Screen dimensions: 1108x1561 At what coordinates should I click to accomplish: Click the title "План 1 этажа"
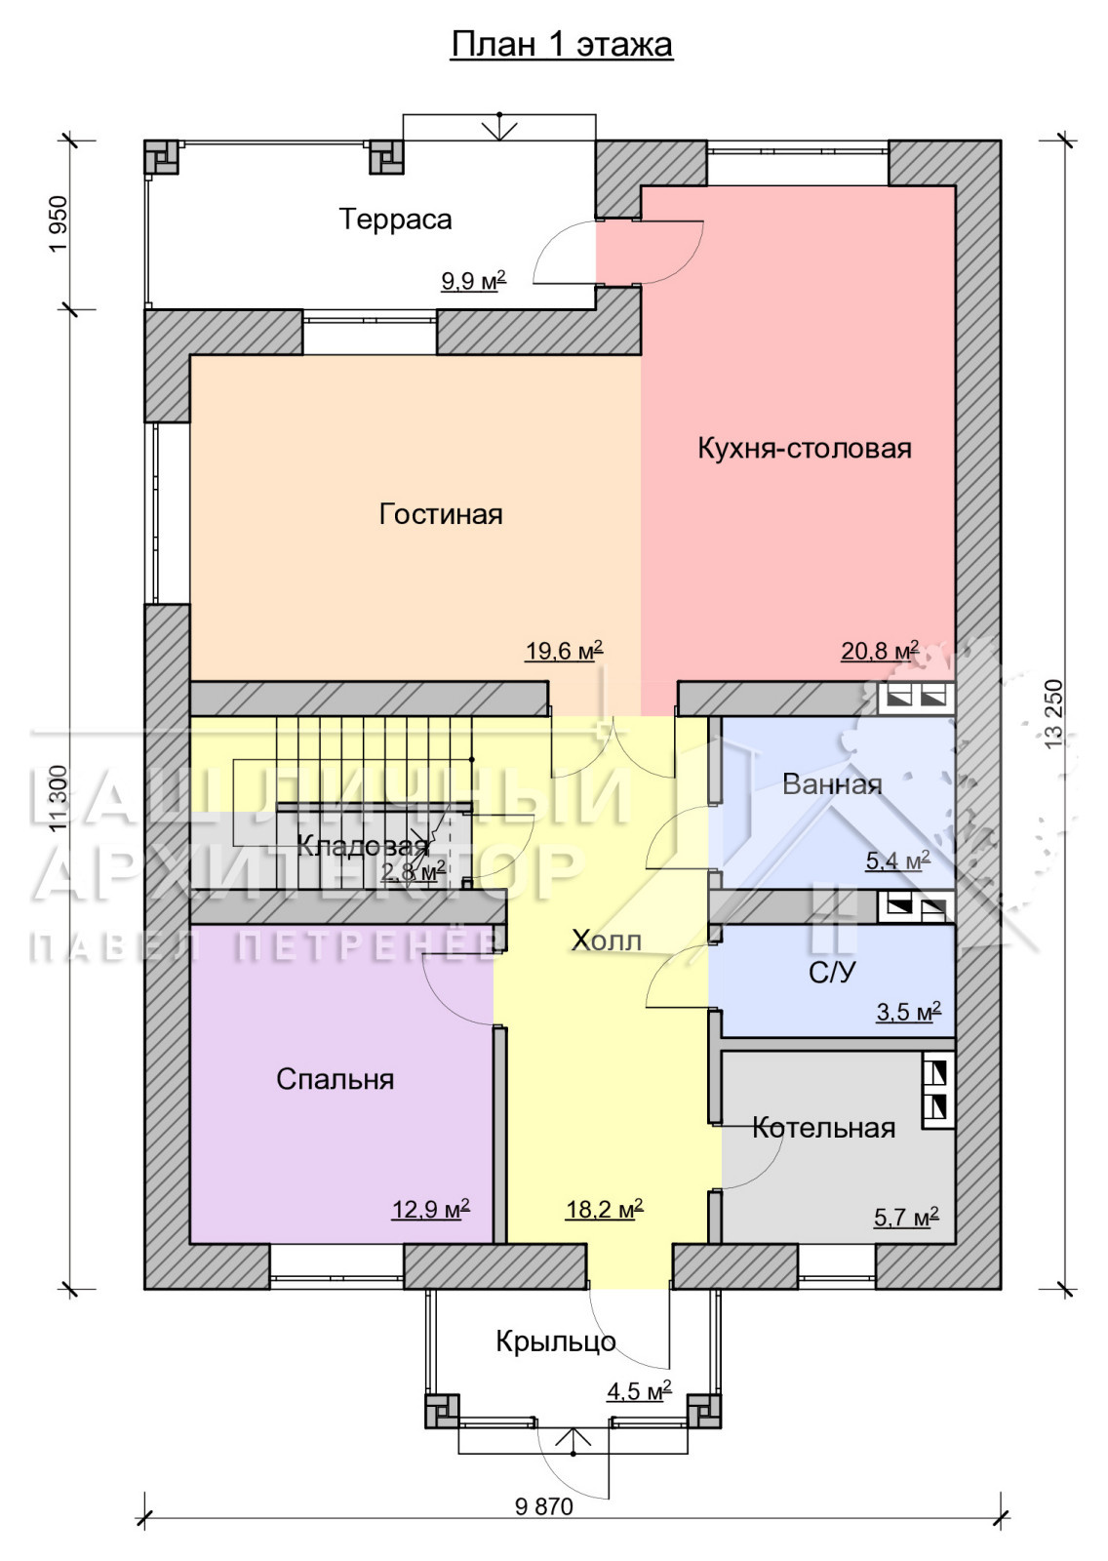pyautogui.click(x=562, y=45)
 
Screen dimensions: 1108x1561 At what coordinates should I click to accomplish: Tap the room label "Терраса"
pyautogui.click(x=396, y=220)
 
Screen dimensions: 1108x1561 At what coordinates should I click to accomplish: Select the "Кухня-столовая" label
pyautogui.click(x=805, y=448)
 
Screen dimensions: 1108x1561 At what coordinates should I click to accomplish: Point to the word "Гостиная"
pyautogui.click(x=441, y=515)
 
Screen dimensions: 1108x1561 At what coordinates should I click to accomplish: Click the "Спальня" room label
pyautogui.click(x=336, y=1079)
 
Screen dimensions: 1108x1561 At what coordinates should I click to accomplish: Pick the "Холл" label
pyautogui.click(x=607, y=941)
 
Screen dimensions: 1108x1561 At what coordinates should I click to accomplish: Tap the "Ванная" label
pyautogui.click(x=832, y=784)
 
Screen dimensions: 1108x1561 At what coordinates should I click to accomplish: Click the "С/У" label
pyautogui.click(x=832, y=973)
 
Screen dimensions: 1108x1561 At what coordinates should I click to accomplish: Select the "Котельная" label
pyautogui.click(x=823, y=1128)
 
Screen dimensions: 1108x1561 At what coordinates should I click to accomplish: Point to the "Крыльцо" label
pyautogui.click(x=556, y=1341)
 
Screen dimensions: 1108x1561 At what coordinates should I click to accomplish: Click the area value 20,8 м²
pyautogui.click(x=880, y=651)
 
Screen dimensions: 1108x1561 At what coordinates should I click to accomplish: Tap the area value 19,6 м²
pyautogui.click(x=564, y=651)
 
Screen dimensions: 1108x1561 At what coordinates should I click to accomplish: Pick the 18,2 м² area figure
pyautogui.click(x=604, y=1209)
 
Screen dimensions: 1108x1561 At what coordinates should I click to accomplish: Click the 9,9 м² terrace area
pyautogui.click(x=473, y=281)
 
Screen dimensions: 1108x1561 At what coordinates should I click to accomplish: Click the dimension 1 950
pyautogui.click(x=59, y=224)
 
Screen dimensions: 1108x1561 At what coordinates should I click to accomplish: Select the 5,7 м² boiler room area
pyautogui.click(x=906, y=1218)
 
